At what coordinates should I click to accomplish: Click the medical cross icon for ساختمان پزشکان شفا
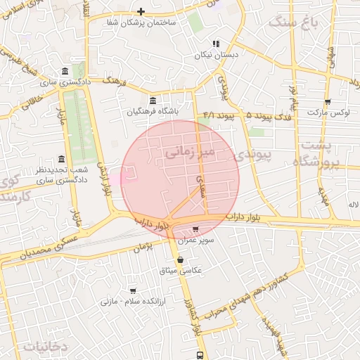(x=141, y=11)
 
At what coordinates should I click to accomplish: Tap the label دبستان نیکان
(x=217, y=54)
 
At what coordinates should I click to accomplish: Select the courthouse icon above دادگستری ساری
(x=65, y=72)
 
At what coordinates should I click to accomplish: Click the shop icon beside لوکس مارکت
(x=328, y=102)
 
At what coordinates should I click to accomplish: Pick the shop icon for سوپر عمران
(x=195, y=229)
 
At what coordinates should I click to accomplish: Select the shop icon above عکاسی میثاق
(x=181, y=260)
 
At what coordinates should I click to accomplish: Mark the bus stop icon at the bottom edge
(x=200, y=355)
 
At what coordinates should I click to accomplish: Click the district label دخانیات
(x=44, y=346)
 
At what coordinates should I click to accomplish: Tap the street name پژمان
(x=143, y=246)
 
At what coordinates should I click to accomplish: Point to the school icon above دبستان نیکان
(x=217, y=43)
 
